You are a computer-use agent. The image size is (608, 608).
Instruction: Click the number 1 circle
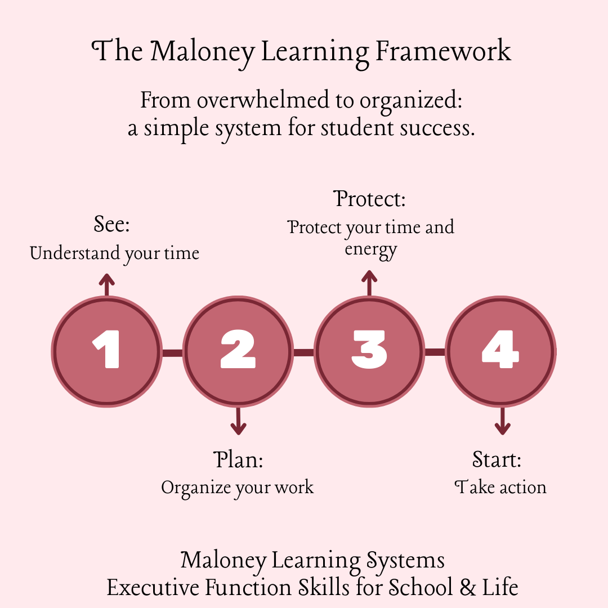click(106, 351)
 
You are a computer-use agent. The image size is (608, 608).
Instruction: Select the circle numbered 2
click(238, 351)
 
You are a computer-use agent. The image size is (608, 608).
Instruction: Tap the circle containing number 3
click(369, 351)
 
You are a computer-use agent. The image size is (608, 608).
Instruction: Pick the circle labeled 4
click(500, 351)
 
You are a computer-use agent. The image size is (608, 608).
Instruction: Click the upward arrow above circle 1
click(106, 285)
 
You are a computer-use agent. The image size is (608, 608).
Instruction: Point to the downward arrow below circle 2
click(238, 421)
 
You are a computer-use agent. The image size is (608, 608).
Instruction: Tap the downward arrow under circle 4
click(502, 421)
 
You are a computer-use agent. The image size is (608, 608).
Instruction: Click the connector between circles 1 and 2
click(172, 353)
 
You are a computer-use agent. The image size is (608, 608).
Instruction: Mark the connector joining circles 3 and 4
click(435, 352)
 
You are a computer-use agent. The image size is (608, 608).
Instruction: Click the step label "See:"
click(111, 224)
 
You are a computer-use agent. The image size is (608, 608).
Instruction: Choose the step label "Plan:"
click(238, 460)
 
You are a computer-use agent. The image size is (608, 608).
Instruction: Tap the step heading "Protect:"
click(369, 199)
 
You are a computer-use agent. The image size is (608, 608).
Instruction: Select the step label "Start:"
click(497, 460)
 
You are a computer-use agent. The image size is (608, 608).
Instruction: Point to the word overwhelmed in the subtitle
click(263, 100)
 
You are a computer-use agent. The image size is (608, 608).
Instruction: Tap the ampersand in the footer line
click(468, 587)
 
